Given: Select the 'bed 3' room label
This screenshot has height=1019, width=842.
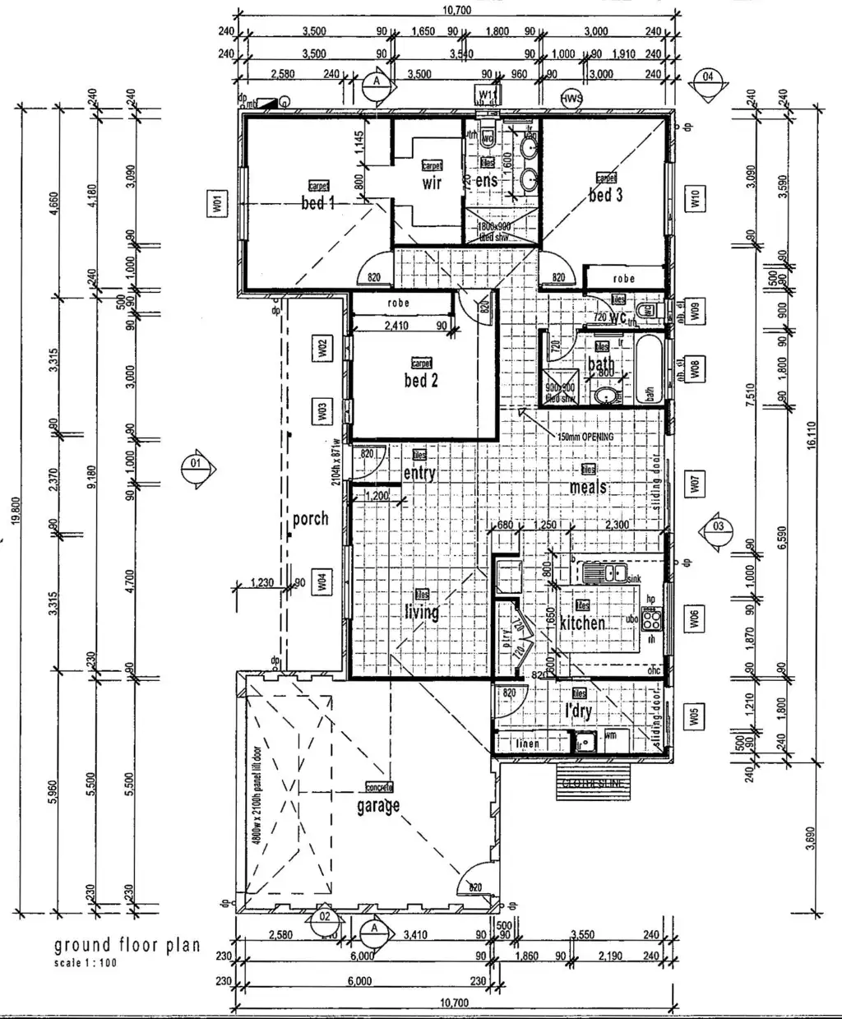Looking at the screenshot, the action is (x=605, y=195).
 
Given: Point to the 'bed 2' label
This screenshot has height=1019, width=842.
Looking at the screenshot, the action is (x=420, y=380).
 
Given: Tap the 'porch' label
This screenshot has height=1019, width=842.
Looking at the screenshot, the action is (x=310, y=518).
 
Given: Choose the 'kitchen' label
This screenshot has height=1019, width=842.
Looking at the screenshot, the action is (x=582, y=623).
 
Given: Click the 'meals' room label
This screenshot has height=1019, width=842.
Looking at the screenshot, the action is (x=589, y=487).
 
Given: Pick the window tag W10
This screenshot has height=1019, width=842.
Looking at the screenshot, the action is (x=695, y=198).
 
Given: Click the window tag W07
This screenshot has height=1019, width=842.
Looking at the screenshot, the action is (x=695, y=485).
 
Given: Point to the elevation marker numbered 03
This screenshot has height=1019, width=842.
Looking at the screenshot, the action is (x=718, y=526).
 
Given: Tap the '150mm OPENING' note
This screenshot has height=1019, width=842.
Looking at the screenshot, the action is (x=585, y=437).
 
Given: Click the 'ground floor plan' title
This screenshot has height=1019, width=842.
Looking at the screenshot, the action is (x=127, y=945).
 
